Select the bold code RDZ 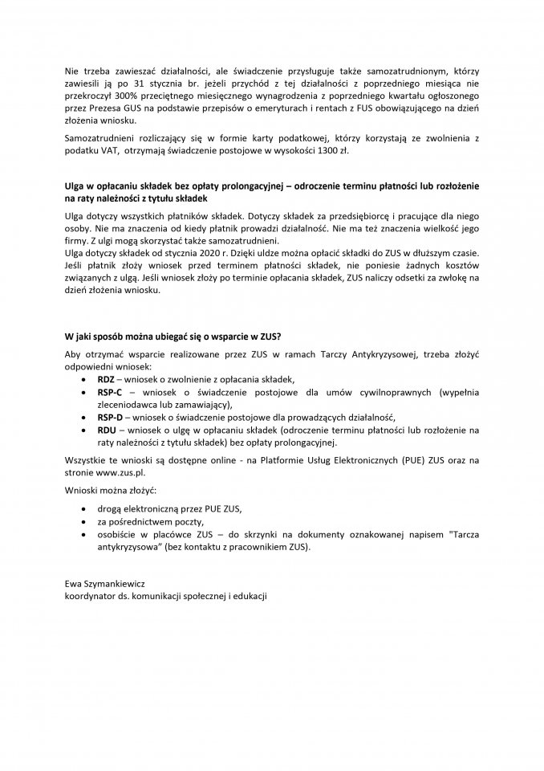(105, 378)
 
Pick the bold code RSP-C (109, 391)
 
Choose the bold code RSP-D (110, 418)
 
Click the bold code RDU (106, 430)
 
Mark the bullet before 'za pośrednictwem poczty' (86, 522)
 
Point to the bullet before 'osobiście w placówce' (86, 535)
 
